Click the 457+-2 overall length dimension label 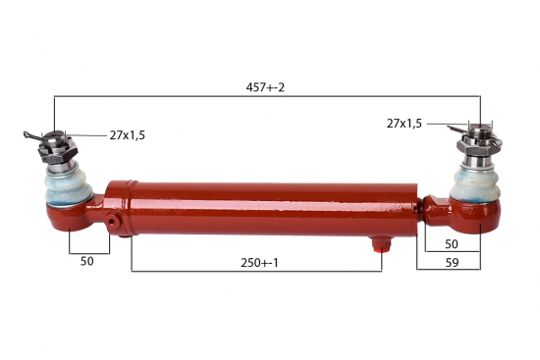click(265, 87)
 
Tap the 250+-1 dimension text click(259, 263)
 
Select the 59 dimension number click(453, 263)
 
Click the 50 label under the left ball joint click(86, 261)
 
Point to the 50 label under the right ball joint click(452, 244)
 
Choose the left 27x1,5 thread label click(128, 135)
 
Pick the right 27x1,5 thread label click(404, 124)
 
